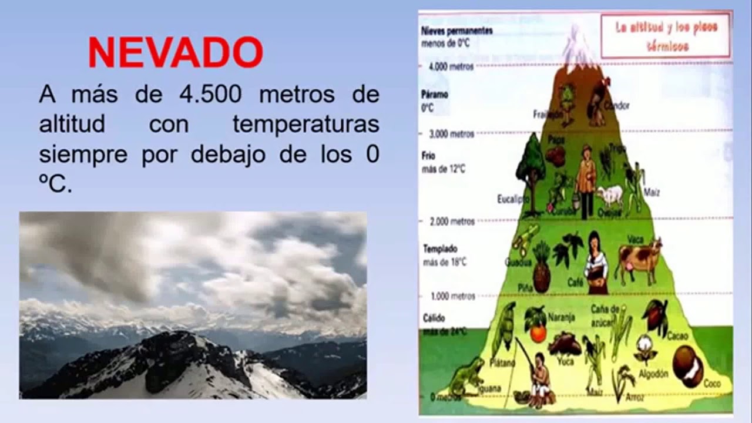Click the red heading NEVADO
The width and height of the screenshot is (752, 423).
pyautogui.click(x=175, y=53)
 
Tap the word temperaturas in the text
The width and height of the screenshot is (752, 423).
pyautogui.click(x=305, y=125)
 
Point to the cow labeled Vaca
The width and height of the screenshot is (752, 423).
pyautogui.click(x=638, y=261)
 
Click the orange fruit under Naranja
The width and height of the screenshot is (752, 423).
pyautogui.click(x=538, y=333)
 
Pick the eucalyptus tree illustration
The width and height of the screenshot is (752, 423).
pyautogui.click(x=531, y=164)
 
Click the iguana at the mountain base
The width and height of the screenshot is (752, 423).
pyautogui.click(x=466, y=377)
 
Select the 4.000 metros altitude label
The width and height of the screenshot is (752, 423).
pyautogui.click(x=451, y=66)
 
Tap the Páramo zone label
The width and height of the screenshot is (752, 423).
pyautogui.click(x=435, y=94)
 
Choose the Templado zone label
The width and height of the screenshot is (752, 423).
pyautogui.click(x=440, y=249)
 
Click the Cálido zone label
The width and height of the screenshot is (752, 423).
pyautogui.click(x=434, y=318)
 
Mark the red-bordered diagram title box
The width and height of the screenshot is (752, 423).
pyautogui.click(x=666, y=36)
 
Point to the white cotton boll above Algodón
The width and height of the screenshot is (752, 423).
pyautogui.click(x=646, y=348)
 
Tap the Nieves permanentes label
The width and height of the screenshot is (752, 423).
pyautogui.click(x=456, y=31)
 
